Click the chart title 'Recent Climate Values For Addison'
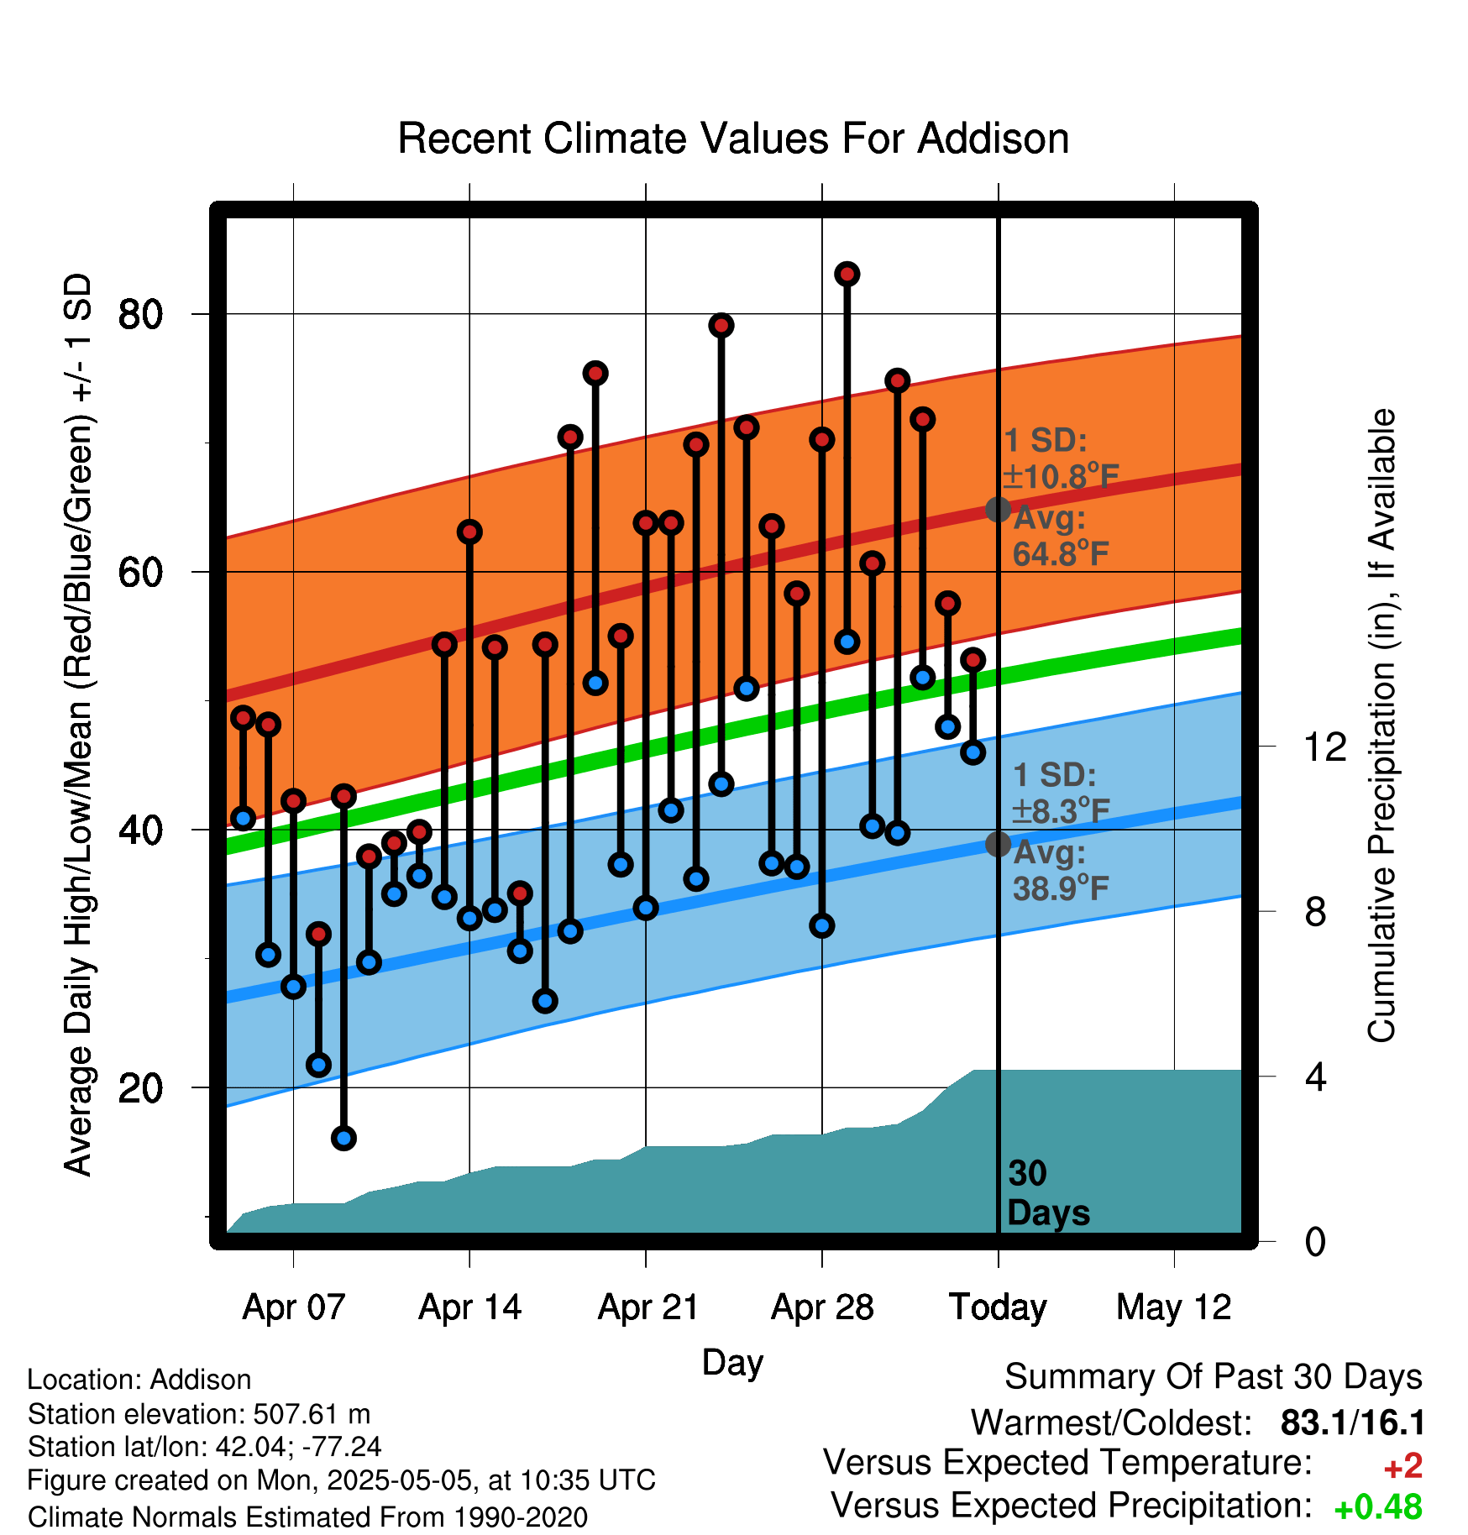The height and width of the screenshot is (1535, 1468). click(x=733, y=139)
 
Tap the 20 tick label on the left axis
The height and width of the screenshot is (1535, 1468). click(x=140, y=1088)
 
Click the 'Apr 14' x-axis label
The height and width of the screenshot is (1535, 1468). click(x=470, y=1307)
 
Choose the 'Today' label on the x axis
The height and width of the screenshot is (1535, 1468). click(x=998, y=1307)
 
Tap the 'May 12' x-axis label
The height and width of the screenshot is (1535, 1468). click(x=1174, y=1308)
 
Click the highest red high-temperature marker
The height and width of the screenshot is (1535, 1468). click(x=847, y=274)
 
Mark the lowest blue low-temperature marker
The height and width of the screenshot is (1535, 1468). click(x=343, y=1138)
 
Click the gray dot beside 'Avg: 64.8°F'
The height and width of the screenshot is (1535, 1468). click(x=998, y=509)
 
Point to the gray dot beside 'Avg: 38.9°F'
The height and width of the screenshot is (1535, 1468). click(x=998, y=844)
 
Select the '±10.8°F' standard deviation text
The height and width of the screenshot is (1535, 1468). click(x=1061, y=477)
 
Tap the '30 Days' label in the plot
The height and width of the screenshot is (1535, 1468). click(x=1048, y=1193)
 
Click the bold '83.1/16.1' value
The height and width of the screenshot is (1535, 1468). click(x=1353, y=1422)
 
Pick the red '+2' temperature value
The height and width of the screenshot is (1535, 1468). click(x=1402, y=1466)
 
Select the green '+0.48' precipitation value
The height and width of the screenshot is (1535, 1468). click(x=1378, y=1507)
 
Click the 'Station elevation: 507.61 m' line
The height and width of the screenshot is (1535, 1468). click(x=199, y=1414)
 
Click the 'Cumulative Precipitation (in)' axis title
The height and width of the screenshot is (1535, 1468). click(x=1381, y=726)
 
